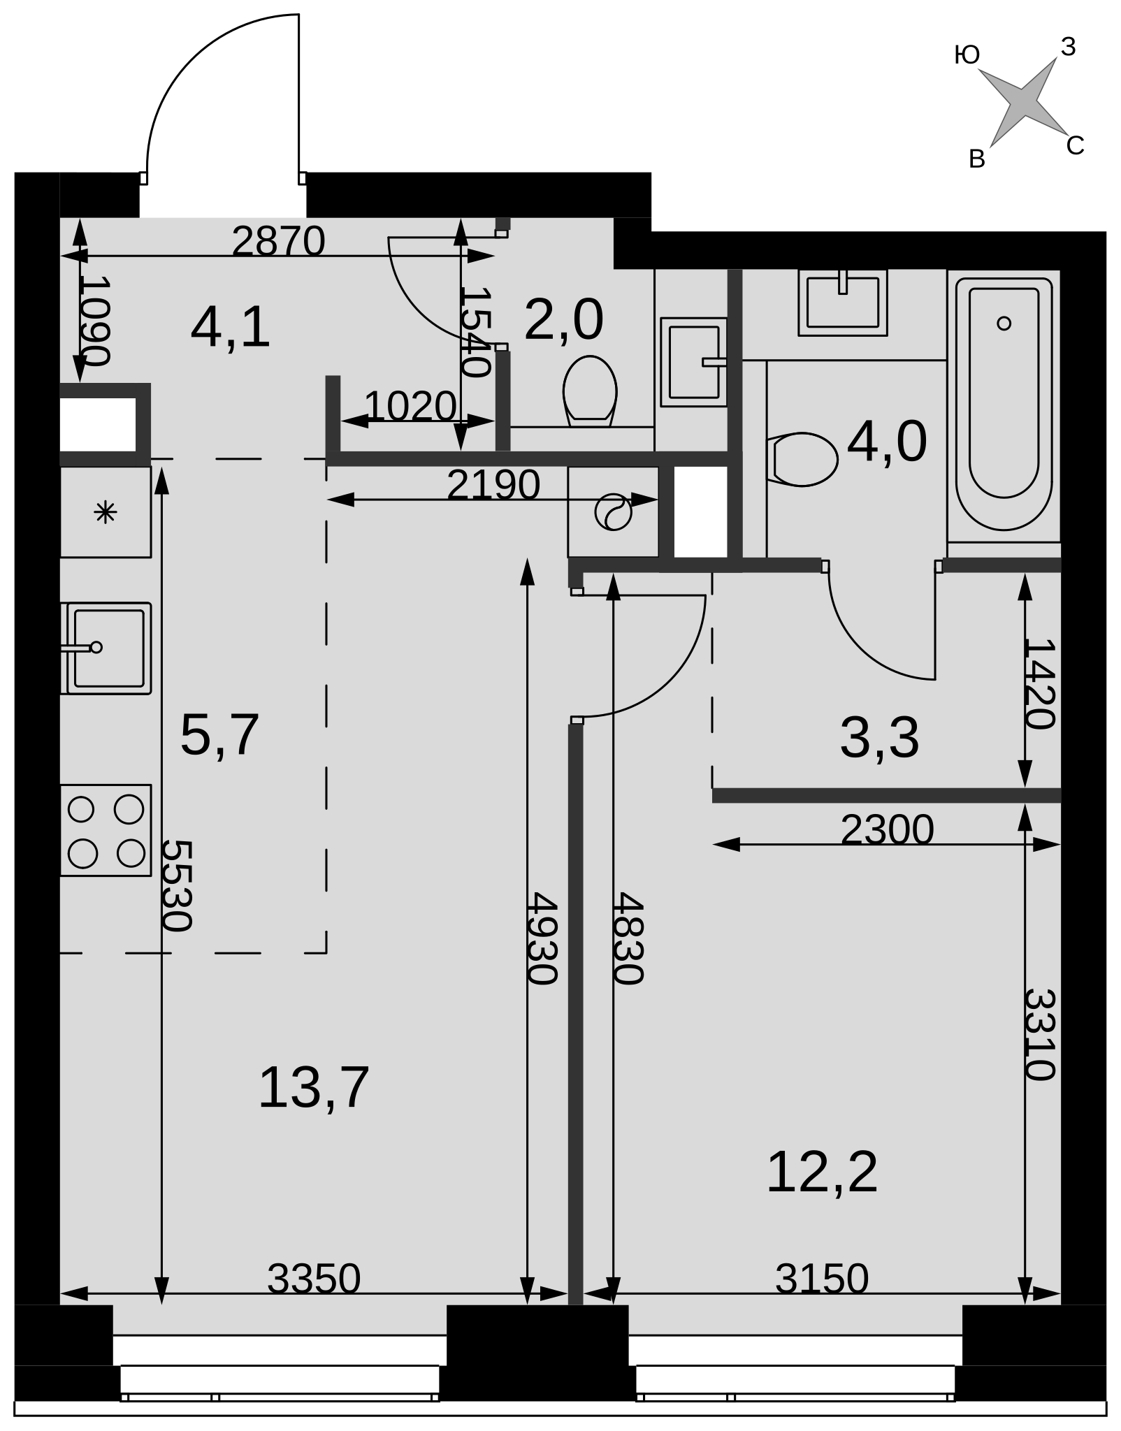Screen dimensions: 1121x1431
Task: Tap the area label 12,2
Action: [822, 1172]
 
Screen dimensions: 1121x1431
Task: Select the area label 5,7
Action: [220, 735]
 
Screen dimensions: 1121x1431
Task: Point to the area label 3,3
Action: [880, 738]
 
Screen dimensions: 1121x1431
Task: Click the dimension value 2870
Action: [279, 242]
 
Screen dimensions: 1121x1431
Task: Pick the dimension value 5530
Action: [176, 885]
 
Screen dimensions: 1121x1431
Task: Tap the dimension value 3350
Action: [314, 1279]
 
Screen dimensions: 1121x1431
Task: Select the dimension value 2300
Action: [888, 830]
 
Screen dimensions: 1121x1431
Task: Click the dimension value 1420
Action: [1039, 683]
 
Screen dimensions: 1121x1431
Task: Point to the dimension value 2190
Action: [493, 485]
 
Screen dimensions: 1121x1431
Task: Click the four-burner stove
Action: [106, 830]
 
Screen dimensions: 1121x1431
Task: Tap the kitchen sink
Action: [106, 648]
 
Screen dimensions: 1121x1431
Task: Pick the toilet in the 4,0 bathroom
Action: [802, 459]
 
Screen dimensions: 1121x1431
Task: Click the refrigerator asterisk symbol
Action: [106, 513]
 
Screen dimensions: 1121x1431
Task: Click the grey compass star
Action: [1022, 102]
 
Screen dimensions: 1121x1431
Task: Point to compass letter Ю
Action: [967, 55]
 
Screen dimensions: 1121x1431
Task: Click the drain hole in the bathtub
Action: [1004, 323]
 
